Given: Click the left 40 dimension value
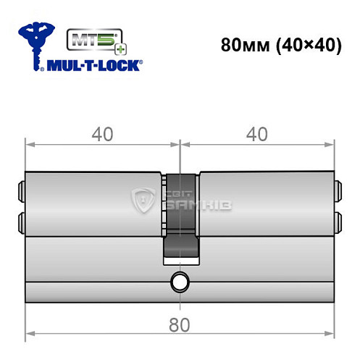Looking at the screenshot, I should tap(102, 134).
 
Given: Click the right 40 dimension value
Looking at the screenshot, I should tap(258, 134).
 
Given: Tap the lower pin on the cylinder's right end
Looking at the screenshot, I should tap(338, 219).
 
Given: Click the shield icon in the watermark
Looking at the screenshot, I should tap(146, 201).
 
